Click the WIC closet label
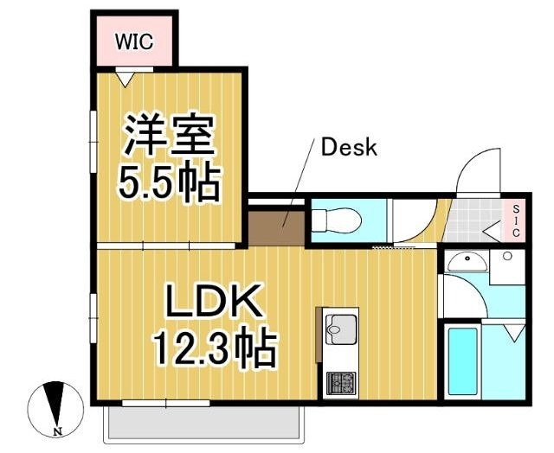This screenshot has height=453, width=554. (134, 41)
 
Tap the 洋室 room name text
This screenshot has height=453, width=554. (169, 135)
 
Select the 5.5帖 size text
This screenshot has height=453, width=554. (170, 182)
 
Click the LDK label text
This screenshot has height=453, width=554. (215, 300)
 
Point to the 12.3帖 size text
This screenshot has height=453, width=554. (215, 347)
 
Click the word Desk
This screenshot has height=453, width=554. (349, 148)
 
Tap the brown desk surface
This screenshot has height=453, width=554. (276, 227)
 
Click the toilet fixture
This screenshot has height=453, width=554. (337, 220)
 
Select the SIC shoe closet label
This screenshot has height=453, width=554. (516, 221)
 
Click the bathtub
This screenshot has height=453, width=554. (463, 361)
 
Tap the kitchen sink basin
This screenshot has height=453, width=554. (341, 329)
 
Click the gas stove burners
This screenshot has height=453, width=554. (340, 383)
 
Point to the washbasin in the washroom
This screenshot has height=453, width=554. (467, 262)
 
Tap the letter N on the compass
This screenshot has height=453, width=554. (56, 431)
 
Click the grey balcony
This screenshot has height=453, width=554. (204, 423)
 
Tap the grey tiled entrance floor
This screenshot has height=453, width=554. (473, 220)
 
